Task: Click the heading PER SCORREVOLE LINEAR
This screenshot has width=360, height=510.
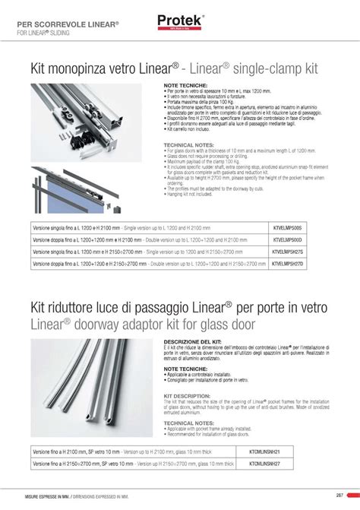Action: coord(68,24)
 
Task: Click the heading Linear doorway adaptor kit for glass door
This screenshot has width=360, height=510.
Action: coord(144,325)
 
